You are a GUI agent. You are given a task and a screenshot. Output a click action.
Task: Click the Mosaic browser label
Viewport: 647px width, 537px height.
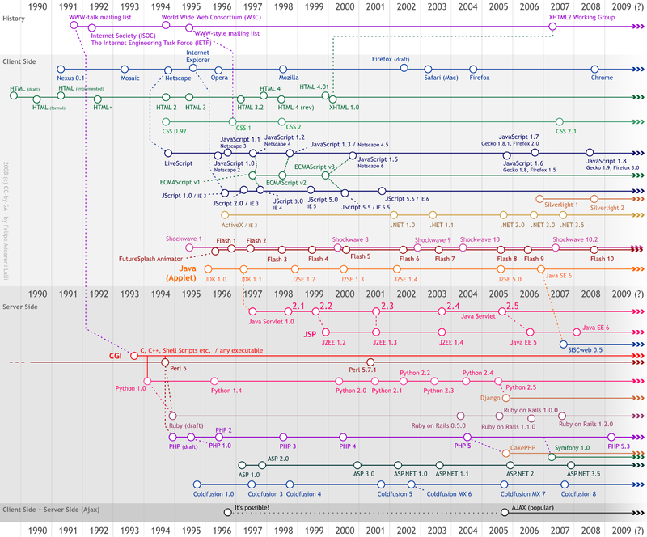129,78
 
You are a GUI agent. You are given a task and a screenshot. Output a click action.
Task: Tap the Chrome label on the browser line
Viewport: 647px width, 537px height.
602,78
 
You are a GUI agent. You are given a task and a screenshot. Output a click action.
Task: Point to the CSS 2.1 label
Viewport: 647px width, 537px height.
565,130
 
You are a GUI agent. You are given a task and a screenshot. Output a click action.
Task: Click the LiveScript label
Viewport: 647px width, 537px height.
177,163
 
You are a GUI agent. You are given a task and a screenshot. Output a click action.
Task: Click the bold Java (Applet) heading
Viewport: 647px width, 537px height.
188,273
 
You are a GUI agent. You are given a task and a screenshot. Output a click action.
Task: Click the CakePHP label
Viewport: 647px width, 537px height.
526,446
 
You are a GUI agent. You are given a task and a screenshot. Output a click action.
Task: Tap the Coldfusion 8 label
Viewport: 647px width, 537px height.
578,493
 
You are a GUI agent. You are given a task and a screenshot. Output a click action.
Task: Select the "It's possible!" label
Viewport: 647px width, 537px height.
251,508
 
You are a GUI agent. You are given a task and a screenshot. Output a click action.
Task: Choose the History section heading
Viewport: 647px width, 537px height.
15,19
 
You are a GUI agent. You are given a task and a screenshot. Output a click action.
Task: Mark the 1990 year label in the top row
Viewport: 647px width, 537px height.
37,6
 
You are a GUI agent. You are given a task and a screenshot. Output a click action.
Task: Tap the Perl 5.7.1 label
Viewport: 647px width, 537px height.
365,370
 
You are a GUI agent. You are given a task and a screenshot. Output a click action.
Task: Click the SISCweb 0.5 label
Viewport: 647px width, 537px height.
585,350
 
